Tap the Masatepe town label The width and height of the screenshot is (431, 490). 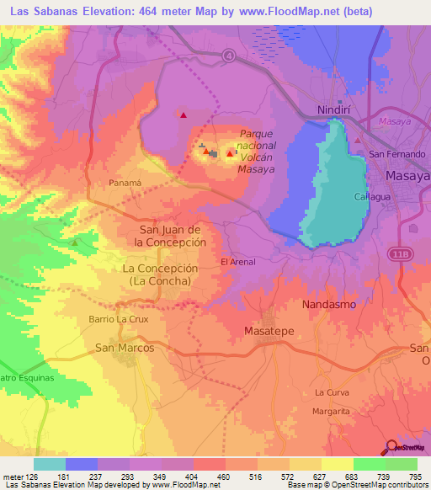[x=269, y=331]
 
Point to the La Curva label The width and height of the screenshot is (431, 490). [x=332, y=392]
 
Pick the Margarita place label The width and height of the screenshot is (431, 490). [x=331, y=411]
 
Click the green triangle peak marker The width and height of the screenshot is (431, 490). [x=74, y=242]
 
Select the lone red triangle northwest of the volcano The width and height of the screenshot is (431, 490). [x=182, y=115]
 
